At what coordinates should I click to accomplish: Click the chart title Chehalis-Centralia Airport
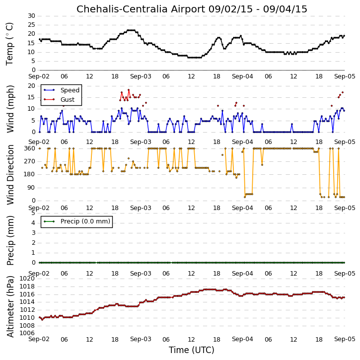tap(141, 9)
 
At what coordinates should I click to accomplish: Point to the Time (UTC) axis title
tap(192, 350)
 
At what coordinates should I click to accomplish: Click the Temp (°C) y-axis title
tap(9, 44)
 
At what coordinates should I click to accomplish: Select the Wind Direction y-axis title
tap(10, 175)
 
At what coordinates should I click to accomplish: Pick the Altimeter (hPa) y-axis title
tap(10, 306)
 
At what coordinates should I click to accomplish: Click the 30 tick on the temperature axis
tap(31, 16)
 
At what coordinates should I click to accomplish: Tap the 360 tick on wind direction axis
tap(30, 148)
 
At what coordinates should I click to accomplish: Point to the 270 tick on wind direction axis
tap(30, 161)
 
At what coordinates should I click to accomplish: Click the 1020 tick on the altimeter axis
tap(27, 279)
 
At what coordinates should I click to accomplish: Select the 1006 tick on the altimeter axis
tap(27, 333)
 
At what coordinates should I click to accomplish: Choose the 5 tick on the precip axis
tap(34, 213)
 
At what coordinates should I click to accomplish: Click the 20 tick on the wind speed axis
tap(31, 86)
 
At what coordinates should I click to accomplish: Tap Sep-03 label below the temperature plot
tap(141, 76)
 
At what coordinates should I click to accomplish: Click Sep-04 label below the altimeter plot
tap(242, 339)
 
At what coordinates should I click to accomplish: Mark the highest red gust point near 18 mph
tap(129, 90)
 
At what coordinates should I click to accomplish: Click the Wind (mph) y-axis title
tap(10, 109)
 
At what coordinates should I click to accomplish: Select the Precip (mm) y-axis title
tap(10, 241)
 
